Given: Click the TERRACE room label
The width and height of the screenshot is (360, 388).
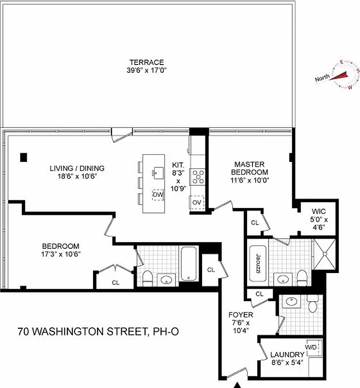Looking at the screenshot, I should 146,62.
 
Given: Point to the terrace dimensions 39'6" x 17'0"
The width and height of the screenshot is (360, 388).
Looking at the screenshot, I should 146,70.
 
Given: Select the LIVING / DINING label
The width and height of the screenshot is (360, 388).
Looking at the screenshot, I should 77,168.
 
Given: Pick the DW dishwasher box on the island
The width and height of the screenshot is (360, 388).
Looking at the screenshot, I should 157,194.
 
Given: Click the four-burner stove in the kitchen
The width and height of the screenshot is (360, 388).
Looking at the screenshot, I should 197,177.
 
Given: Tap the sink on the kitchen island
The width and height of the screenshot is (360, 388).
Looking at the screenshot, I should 158,172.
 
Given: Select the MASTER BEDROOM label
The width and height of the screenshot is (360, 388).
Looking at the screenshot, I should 249,168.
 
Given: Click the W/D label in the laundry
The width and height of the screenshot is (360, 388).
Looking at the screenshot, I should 310,347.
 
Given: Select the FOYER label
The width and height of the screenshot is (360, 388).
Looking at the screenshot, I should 240,314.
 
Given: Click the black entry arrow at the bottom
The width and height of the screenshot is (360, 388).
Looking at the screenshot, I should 238,385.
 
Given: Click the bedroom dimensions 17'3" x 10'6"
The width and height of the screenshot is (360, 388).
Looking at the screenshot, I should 61,254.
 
